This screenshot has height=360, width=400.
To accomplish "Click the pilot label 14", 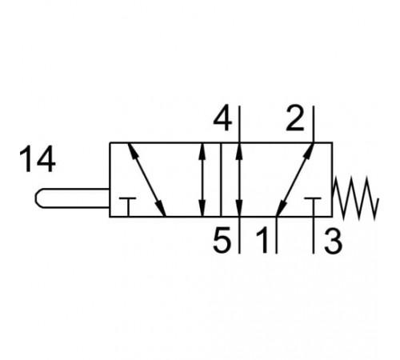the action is tap(38, 159).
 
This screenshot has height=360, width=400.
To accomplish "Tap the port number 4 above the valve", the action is tap(223, 118).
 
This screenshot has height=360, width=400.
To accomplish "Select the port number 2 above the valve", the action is tap(295, 118).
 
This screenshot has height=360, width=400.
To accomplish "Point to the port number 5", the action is tap(222, 239).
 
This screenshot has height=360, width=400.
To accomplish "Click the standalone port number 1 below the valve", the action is tap(263, 240).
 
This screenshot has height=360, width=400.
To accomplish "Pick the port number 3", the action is tap(333, 240).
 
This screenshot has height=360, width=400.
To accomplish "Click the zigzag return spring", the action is tap(356, 198).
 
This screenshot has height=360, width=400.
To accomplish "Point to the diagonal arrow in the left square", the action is tap(146, 179).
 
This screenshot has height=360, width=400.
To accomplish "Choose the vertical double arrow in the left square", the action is tap(202, 180).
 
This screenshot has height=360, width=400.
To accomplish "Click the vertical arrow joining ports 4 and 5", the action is tap(239, 180).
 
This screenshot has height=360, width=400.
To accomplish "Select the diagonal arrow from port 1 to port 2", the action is tap(294, 180).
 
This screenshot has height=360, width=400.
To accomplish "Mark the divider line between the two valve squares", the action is tap(221, 180).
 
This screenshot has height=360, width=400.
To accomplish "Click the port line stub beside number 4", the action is tap(239, 124).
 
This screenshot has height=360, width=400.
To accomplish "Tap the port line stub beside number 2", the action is tap(314, 124).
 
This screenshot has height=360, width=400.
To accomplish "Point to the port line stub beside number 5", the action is tap(239, 235).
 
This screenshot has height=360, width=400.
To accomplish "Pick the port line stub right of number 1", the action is tap(276, 235).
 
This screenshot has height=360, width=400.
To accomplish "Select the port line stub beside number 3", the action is tap(314, 235).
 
